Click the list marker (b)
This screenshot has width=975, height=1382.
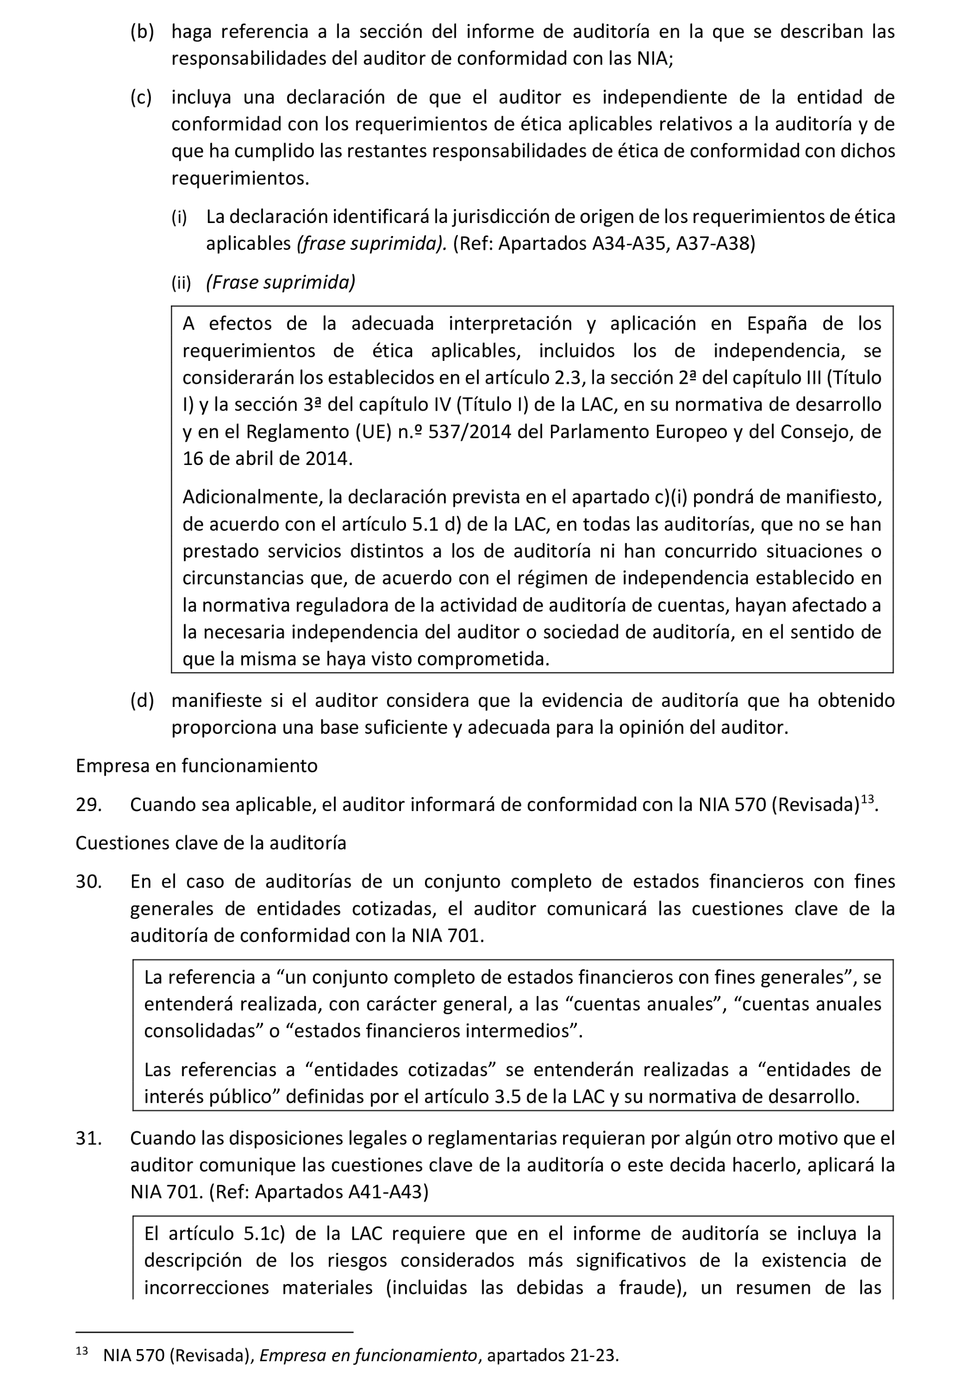[x=142, y=31]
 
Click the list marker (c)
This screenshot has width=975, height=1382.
[x=141, y=97]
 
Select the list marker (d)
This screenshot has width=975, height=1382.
[x=142, y=700]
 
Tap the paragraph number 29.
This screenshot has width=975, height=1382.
[x=89, y=805]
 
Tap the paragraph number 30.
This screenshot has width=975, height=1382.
[x=89, y=882]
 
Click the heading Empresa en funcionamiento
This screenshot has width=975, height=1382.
[x=196, y=766]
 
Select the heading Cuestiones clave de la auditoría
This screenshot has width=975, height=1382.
[x=211, y=843]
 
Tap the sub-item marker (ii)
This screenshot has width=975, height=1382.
[x=181, y=282]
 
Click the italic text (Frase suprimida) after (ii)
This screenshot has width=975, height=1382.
[x=280, y=282]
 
